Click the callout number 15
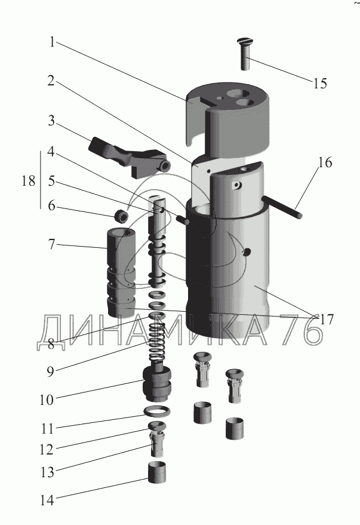pos(319,82)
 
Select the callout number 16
pos(325,163)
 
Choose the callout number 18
pos(28,181)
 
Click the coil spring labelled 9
pos(156,341)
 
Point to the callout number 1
pos(53,43)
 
